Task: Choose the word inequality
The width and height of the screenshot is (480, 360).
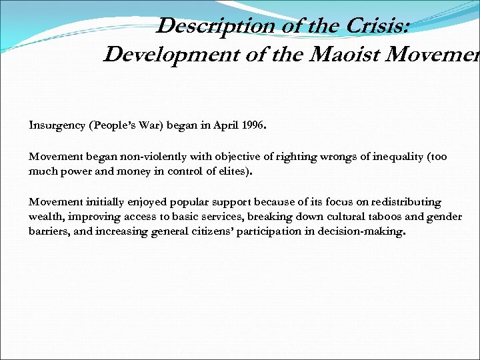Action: [x=377, y=157]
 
